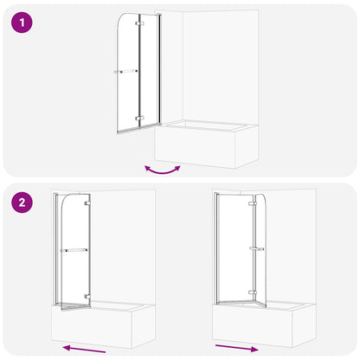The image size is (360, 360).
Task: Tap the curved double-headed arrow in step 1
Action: (162, 168)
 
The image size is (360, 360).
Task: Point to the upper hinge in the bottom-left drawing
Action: (86, 204)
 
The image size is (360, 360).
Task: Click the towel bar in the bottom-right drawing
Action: (255, 249)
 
